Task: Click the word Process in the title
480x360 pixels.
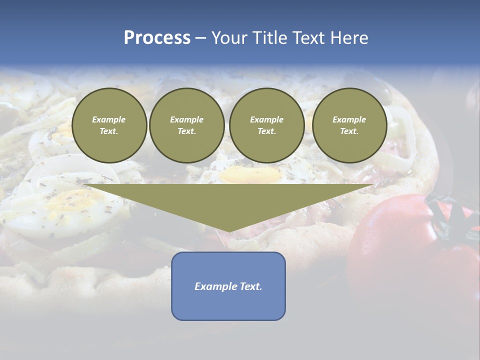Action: click(x=157, y=38)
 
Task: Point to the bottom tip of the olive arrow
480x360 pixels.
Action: click(x=228, y=231)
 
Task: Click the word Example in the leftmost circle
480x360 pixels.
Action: click(x=109, y=119)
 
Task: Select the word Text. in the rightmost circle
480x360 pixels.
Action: click(x=349, y=131)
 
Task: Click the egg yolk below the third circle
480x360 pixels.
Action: click(x=250, y=174)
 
